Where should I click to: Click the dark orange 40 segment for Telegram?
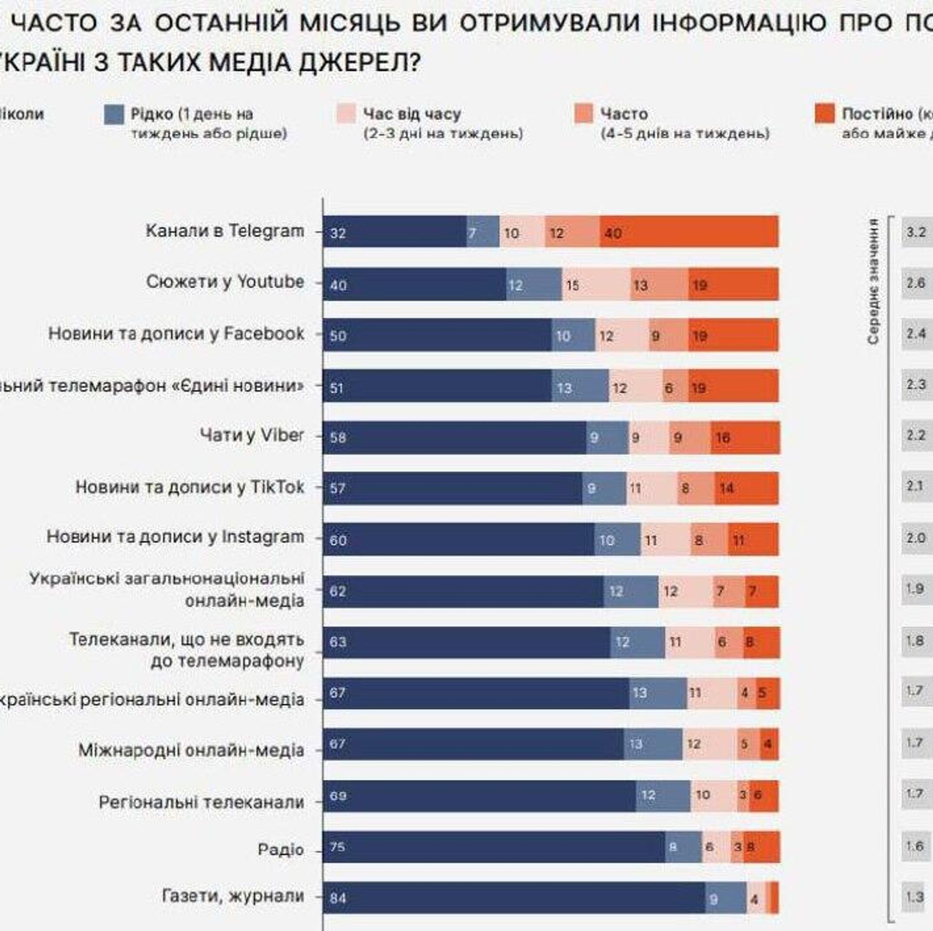tap(689, 232)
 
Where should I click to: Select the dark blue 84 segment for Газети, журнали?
tap(514, 897)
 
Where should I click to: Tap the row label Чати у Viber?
tap(252, 435)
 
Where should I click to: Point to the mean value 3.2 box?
tap(916, 232)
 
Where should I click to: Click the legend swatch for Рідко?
tap(114, 115)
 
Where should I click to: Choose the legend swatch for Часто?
tap(584, 114)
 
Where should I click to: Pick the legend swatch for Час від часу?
tap(346, 114)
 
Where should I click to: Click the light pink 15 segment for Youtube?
tap(596, 284)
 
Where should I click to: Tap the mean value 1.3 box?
tap(915, 896)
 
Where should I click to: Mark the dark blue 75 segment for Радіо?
tap(494, 847)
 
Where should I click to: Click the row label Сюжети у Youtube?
tap(225, 282)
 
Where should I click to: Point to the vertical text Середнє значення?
tap(873, 282)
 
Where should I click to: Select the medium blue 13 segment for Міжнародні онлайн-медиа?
tap(653, 744)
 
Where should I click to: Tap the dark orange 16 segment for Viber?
tap(744, 438)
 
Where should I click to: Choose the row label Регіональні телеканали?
tap(201, 802)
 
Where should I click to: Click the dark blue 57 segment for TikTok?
tap(452, 488)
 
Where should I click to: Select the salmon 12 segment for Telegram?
tap(572, 232)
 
